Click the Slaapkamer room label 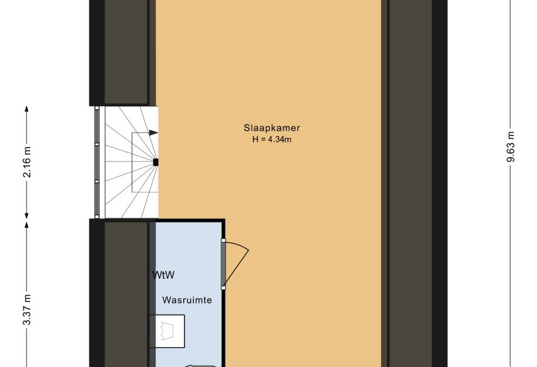coord(272,128)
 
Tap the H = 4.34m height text coord(272,139)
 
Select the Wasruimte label coord(187,300)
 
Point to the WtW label coord(164,275)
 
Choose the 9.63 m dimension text coord(511,147)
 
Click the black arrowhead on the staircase coord(153,132)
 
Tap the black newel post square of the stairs coord(156,162)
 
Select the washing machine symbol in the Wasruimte coord(167,331)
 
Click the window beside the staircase coord(97,162)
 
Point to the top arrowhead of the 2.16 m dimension coord(26,109)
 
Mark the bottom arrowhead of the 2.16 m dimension coord(26,216)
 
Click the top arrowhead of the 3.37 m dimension coord(26,225)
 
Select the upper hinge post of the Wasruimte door coord(223,240)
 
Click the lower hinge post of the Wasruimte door coord(223,288)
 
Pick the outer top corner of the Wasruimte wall coord(225,219)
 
